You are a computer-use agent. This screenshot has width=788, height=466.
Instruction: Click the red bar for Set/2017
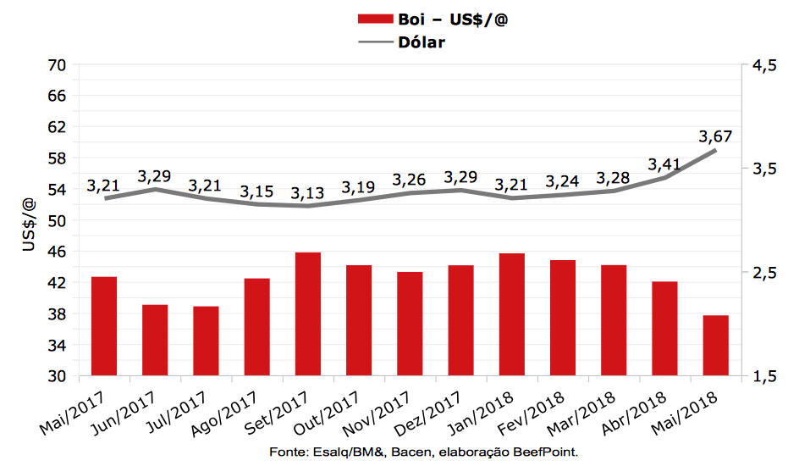coord(307,313)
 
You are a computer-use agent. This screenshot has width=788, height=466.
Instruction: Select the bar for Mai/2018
coord(715,345)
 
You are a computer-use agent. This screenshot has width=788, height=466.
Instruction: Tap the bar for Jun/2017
coord(155,340)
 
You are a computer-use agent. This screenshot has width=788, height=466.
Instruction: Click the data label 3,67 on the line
coord(715,136)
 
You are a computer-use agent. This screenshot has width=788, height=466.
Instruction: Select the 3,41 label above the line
coord(664,164)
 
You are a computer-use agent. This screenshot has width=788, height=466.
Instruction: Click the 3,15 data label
coord(256,191)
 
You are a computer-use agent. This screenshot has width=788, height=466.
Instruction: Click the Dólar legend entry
coord(421,42)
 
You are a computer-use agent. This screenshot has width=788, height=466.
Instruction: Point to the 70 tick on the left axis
coord(58,65)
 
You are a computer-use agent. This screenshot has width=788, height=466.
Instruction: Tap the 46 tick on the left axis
coord(58,252)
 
